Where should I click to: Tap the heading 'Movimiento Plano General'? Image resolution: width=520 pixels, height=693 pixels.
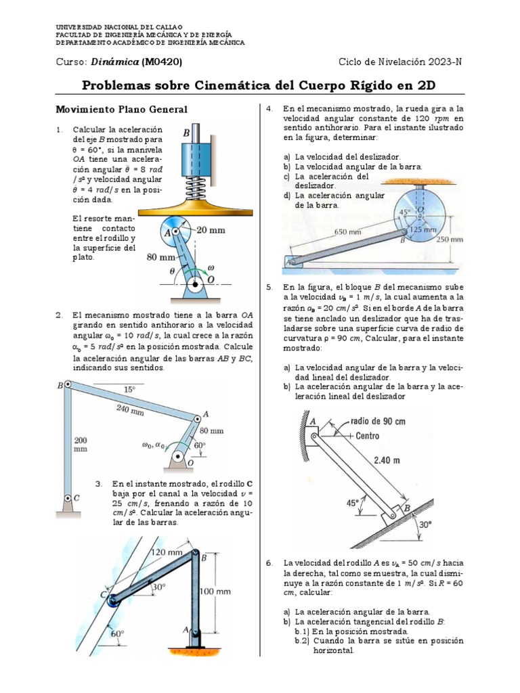(121, 110)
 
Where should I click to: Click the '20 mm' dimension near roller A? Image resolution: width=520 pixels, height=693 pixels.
(211, 229)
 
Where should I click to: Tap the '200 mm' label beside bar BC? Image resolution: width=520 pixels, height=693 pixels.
(81, 444)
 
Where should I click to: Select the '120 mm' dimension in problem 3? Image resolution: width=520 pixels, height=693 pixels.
(167, 552)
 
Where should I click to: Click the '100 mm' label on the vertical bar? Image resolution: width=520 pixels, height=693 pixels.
(216, 591)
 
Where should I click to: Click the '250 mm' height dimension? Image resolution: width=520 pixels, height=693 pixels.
(450, 238)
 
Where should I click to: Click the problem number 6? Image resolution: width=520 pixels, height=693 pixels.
(268, 563)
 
